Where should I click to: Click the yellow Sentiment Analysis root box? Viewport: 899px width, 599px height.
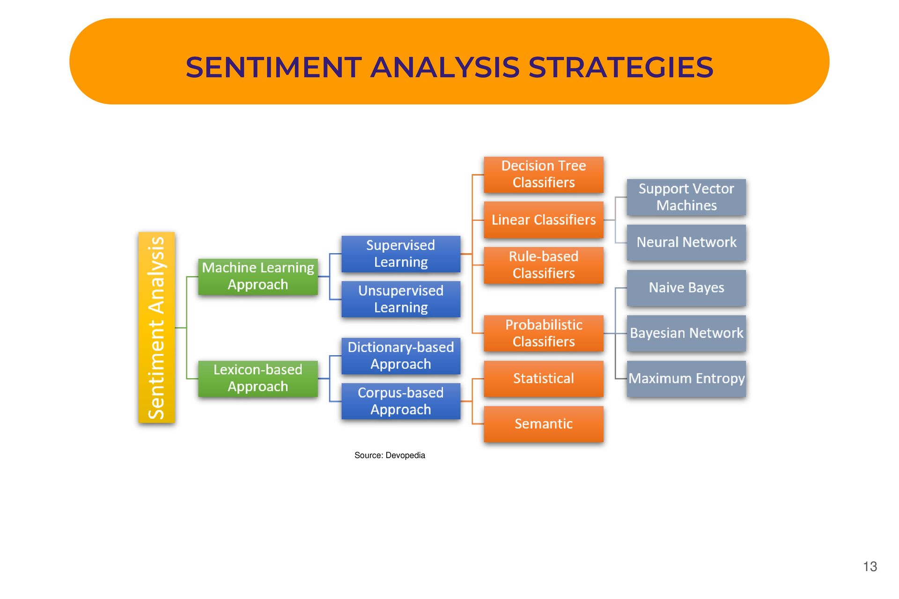[156, 328]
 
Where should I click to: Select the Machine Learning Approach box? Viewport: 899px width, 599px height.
[258, 277]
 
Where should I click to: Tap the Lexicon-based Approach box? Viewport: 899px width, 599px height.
[258, 378]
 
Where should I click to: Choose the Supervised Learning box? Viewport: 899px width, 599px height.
[401, 254]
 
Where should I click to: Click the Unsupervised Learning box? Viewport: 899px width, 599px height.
[401, 299]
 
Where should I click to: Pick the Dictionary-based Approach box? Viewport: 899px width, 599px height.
[401, 356]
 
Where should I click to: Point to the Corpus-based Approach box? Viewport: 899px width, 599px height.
[401, 401]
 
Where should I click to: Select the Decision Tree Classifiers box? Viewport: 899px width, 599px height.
[543, 174]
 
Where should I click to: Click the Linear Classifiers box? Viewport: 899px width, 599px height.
[543, 219]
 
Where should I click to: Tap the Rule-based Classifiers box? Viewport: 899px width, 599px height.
[543, 265]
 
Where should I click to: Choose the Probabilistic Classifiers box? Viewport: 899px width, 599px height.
[543, 333]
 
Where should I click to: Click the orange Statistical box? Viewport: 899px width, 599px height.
[543, 378]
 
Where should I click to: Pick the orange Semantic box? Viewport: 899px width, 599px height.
[543, 424]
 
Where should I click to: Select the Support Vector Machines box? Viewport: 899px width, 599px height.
[686, 197]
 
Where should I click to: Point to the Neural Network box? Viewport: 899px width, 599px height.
[686, 242]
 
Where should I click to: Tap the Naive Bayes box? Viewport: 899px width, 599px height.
[686, 288]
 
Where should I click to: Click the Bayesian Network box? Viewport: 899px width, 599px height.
[686, 333]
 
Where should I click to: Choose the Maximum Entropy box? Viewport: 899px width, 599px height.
[686, 378]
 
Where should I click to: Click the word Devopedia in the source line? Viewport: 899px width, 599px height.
[405, 455]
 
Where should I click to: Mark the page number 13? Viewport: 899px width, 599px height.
[870, 567]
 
